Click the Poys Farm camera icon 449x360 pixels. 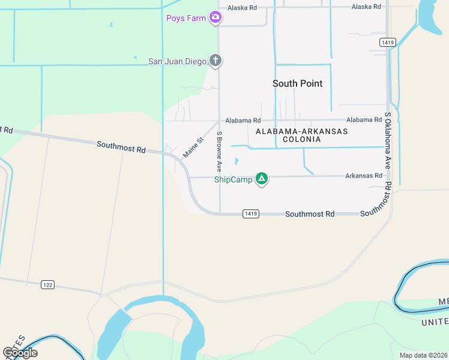[215, 18]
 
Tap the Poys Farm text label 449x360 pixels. [186, 18]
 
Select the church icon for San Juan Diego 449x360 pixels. [215, 61]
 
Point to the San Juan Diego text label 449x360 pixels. [177, 61]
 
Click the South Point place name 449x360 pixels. [297, 83]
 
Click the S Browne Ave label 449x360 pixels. [220, 152]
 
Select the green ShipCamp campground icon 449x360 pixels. [261, 179]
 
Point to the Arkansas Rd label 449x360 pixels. [363, 176]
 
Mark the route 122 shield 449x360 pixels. [48, 284]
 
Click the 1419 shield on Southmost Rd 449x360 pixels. [251, 214]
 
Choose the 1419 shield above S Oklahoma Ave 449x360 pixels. [387, 42]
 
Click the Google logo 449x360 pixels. [20, 353]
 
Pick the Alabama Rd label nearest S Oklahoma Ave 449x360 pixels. [364, 120]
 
